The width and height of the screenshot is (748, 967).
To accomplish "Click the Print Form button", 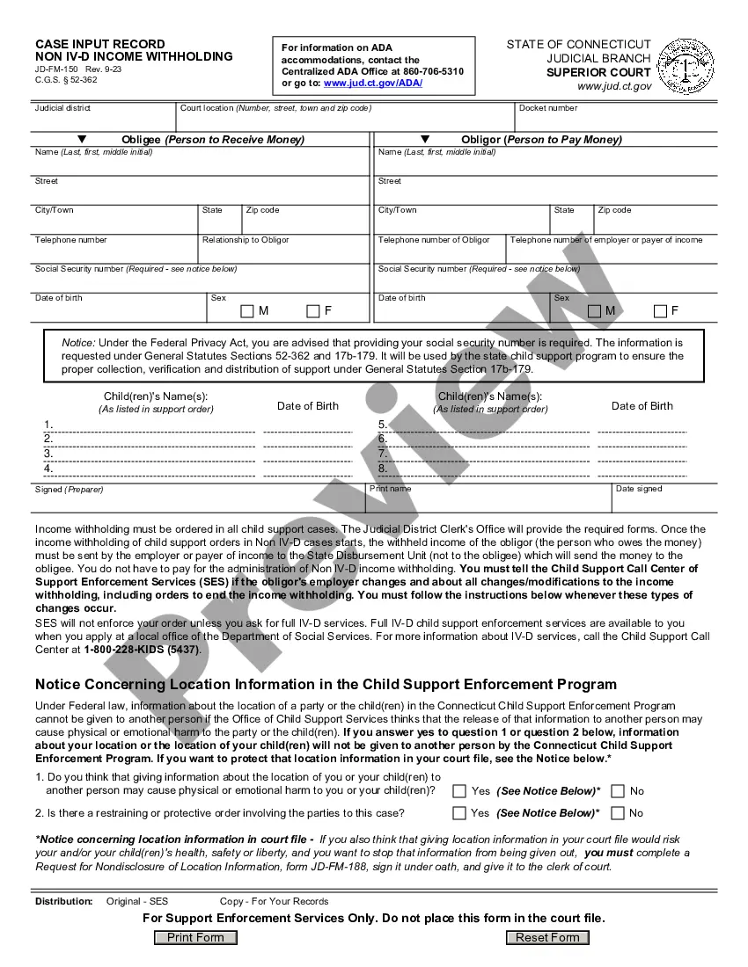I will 195,937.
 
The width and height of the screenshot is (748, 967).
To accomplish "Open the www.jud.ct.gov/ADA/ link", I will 373,83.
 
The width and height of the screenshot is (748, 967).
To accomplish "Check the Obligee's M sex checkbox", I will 247,311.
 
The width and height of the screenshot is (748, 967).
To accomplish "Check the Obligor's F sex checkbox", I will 660,311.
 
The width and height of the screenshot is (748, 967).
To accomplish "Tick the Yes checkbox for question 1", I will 459,791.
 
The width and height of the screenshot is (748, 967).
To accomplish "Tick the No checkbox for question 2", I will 618,813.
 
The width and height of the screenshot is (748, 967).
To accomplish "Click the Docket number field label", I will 548,108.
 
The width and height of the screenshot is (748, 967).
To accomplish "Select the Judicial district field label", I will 62,108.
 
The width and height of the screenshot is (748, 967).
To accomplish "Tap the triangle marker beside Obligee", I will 83,139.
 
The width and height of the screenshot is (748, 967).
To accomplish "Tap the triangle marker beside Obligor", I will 425,139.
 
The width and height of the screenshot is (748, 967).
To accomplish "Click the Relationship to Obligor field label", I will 246,240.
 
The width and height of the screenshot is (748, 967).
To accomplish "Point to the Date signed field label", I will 639,489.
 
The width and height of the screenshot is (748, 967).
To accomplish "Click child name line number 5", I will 383,425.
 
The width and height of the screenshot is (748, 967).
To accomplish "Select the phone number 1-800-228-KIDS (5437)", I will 142,651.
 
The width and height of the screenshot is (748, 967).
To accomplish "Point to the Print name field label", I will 390,489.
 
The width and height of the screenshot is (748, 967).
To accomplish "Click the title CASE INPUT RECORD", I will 99,44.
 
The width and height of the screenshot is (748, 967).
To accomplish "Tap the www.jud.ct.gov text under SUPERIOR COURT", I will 614,86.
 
